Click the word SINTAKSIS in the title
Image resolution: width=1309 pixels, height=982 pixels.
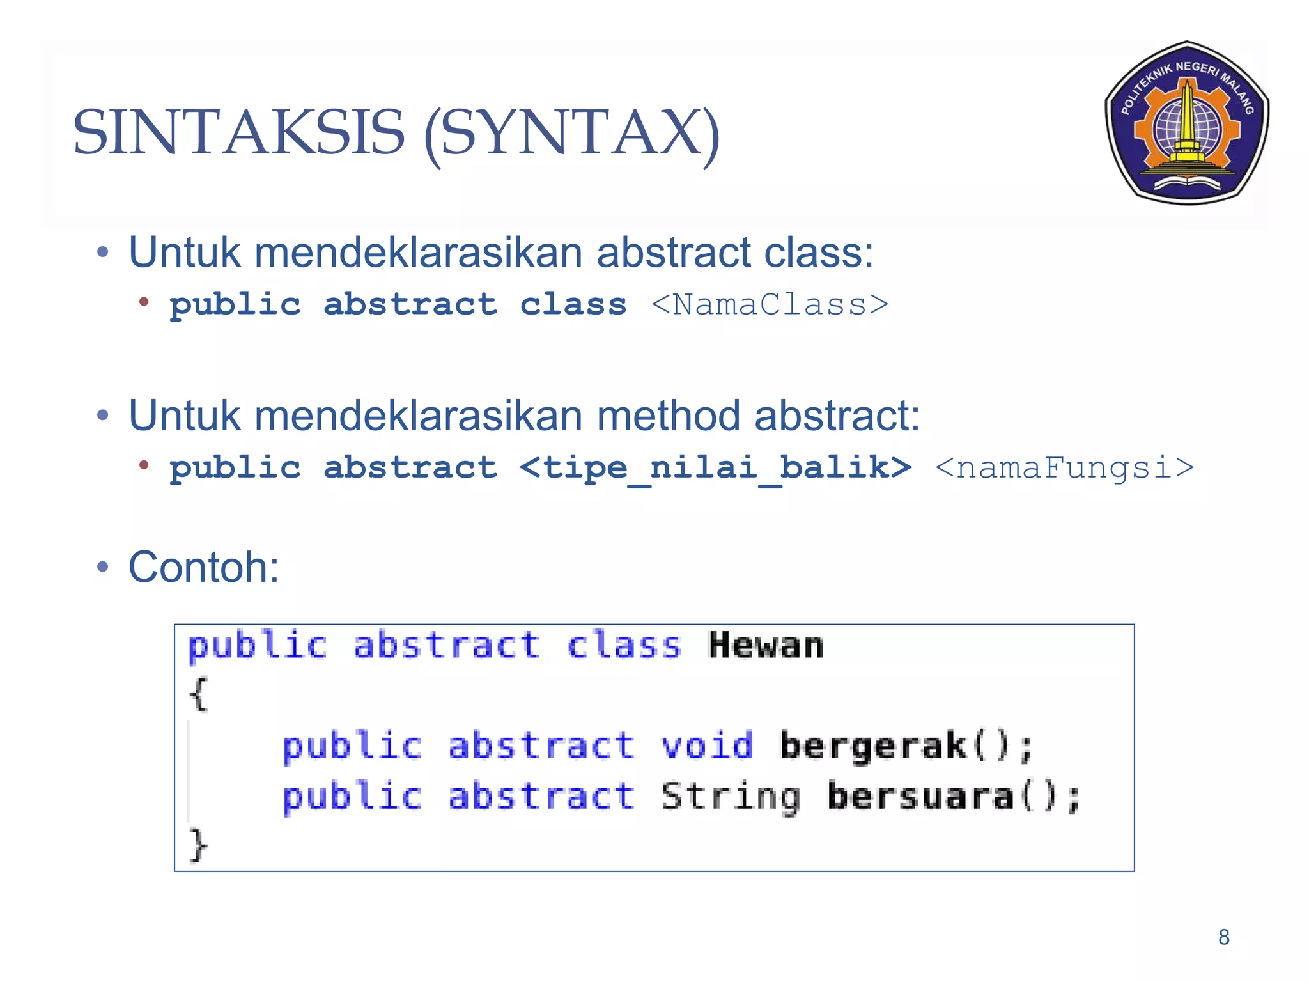[239, 133]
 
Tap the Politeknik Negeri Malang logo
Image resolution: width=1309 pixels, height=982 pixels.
[1187, 123]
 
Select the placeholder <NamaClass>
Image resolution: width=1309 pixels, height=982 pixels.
[770, 304]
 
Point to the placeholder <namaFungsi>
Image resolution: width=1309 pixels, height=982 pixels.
[1064, 467]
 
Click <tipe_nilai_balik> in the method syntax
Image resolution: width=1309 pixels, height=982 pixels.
[715, 467]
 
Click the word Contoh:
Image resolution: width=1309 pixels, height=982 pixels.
[204, 567]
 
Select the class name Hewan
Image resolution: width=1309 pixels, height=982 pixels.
[766, 646]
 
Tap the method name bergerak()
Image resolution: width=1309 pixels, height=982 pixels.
[906, 746]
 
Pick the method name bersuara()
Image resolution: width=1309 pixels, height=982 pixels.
[953, 797]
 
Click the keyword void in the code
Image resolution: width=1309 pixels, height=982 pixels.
[707, 746]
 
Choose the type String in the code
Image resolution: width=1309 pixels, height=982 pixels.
[731, 797]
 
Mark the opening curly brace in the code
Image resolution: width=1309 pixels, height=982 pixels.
[198, 694]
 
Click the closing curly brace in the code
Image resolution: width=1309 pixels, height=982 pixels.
[198, 845]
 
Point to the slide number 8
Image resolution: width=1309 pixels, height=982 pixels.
[1223, 937]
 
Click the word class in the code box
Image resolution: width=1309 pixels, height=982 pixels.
[624, 646]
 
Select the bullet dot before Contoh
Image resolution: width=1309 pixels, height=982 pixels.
[103, 567]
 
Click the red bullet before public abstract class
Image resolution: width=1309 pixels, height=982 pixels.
[144, 302]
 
